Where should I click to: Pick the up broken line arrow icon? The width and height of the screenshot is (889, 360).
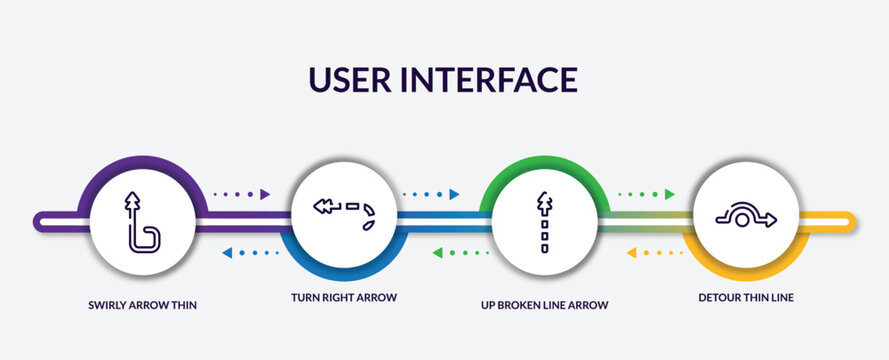[x=544, y=221]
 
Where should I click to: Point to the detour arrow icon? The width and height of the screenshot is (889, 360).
[x=746, y=215]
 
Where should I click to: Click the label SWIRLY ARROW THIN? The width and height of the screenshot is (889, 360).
[x=142, y=303]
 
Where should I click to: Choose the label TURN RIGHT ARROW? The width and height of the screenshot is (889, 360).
[x=345, y=298]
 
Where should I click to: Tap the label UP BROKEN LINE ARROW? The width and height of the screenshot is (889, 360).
[x=544, y=303]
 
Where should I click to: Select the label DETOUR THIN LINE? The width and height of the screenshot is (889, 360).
[x=746, y=298]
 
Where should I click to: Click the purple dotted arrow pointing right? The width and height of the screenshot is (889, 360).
[x=243, y=194]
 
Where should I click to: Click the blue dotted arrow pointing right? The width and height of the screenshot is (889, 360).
[x=431, y=194]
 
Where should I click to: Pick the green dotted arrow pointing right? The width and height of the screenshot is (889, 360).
[x=646, y=194]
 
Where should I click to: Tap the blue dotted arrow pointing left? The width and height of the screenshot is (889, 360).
[x=250, y=252]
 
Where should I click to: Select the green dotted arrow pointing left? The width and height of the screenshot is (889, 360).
[x=460, y=252]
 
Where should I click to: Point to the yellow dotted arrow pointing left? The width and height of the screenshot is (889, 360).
[x=654, y=252]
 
